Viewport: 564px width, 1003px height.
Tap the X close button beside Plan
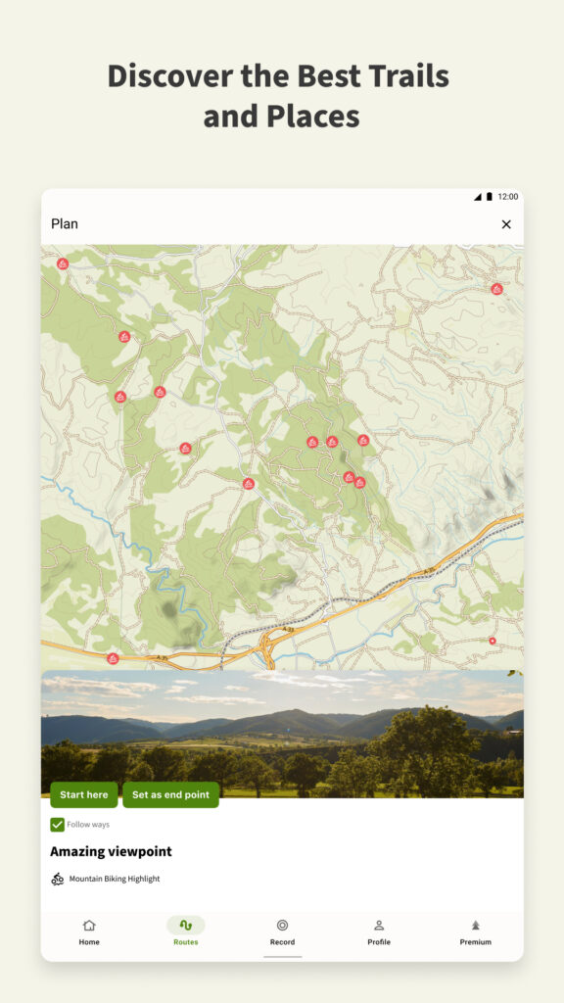coord(506,224)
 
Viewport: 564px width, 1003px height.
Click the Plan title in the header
coord(65,224)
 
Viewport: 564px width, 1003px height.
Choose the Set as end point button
coord(170,794)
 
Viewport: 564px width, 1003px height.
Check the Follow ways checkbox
coord(58,825)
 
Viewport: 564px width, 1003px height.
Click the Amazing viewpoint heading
coord(111,851)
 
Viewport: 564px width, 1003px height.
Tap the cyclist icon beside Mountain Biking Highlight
coord(58,879)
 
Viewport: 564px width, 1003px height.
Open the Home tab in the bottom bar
coord(89,931)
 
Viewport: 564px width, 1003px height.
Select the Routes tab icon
coord(185,926)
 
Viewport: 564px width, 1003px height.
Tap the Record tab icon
coord(282,926)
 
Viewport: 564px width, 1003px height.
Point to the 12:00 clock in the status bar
coord(508,197)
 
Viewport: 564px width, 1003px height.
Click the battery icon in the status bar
coord(490,197)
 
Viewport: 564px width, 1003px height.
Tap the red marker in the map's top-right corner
coord(496,289)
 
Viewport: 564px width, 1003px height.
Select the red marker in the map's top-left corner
coord(63,263)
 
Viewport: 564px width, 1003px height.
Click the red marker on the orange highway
coord(113,658)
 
